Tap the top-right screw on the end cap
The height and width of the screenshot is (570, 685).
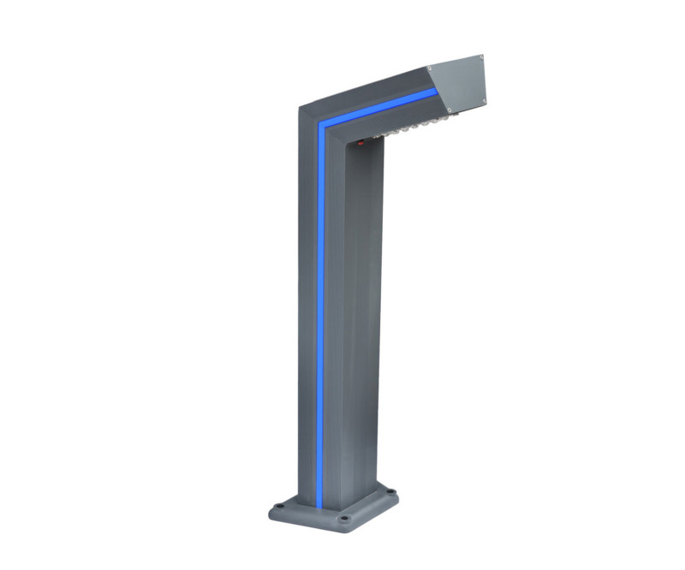tap(480, 57)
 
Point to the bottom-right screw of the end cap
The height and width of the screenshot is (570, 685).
tap(484, 102)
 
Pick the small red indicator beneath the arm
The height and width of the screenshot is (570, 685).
tap(360, 143)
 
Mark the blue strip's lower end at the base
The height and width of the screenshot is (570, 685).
tap(320, 505)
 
